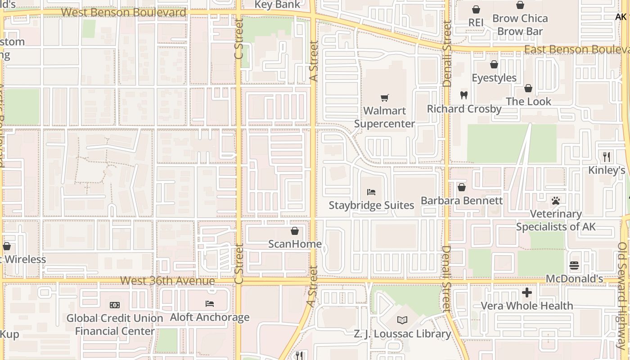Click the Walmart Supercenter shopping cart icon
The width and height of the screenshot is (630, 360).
pos(384,98)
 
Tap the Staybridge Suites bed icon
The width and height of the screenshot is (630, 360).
pos(371,192)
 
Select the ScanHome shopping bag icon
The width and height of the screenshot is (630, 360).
pos(295,231)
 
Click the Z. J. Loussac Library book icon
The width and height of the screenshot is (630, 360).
pos(402,320)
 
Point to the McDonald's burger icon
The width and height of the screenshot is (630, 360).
pos(574,265)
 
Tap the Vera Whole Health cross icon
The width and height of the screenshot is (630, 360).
pos(526,293)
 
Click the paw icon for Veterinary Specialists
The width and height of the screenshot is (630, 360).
pos(556,201)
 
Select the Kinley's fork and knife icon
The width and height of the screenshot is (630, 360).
pos(607,157)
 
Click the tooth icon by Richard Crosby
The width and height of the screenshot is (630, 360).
pos(464,95)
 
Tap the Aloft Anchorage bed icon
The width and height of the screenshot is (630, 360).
pos(210,304)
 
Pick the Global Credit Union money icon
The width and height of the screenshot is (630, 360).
pos(115,305)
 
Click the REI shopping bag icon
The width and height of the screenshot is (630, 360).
pos(476,9)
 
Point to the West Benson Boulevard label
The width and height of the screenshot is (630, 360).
pos(123,12)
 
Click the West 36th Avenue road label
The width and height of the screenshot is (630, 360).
pos(167,281)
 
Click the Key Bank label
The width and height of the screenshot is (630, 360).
pos(277,4)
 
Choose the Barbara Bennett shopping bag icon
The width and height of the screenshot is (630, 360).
pos(461,187)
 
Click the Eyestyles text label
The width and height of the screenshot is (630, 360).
pos(494,78)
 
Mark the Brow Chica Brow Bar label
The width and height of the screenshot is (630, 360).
pos(520,25)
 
